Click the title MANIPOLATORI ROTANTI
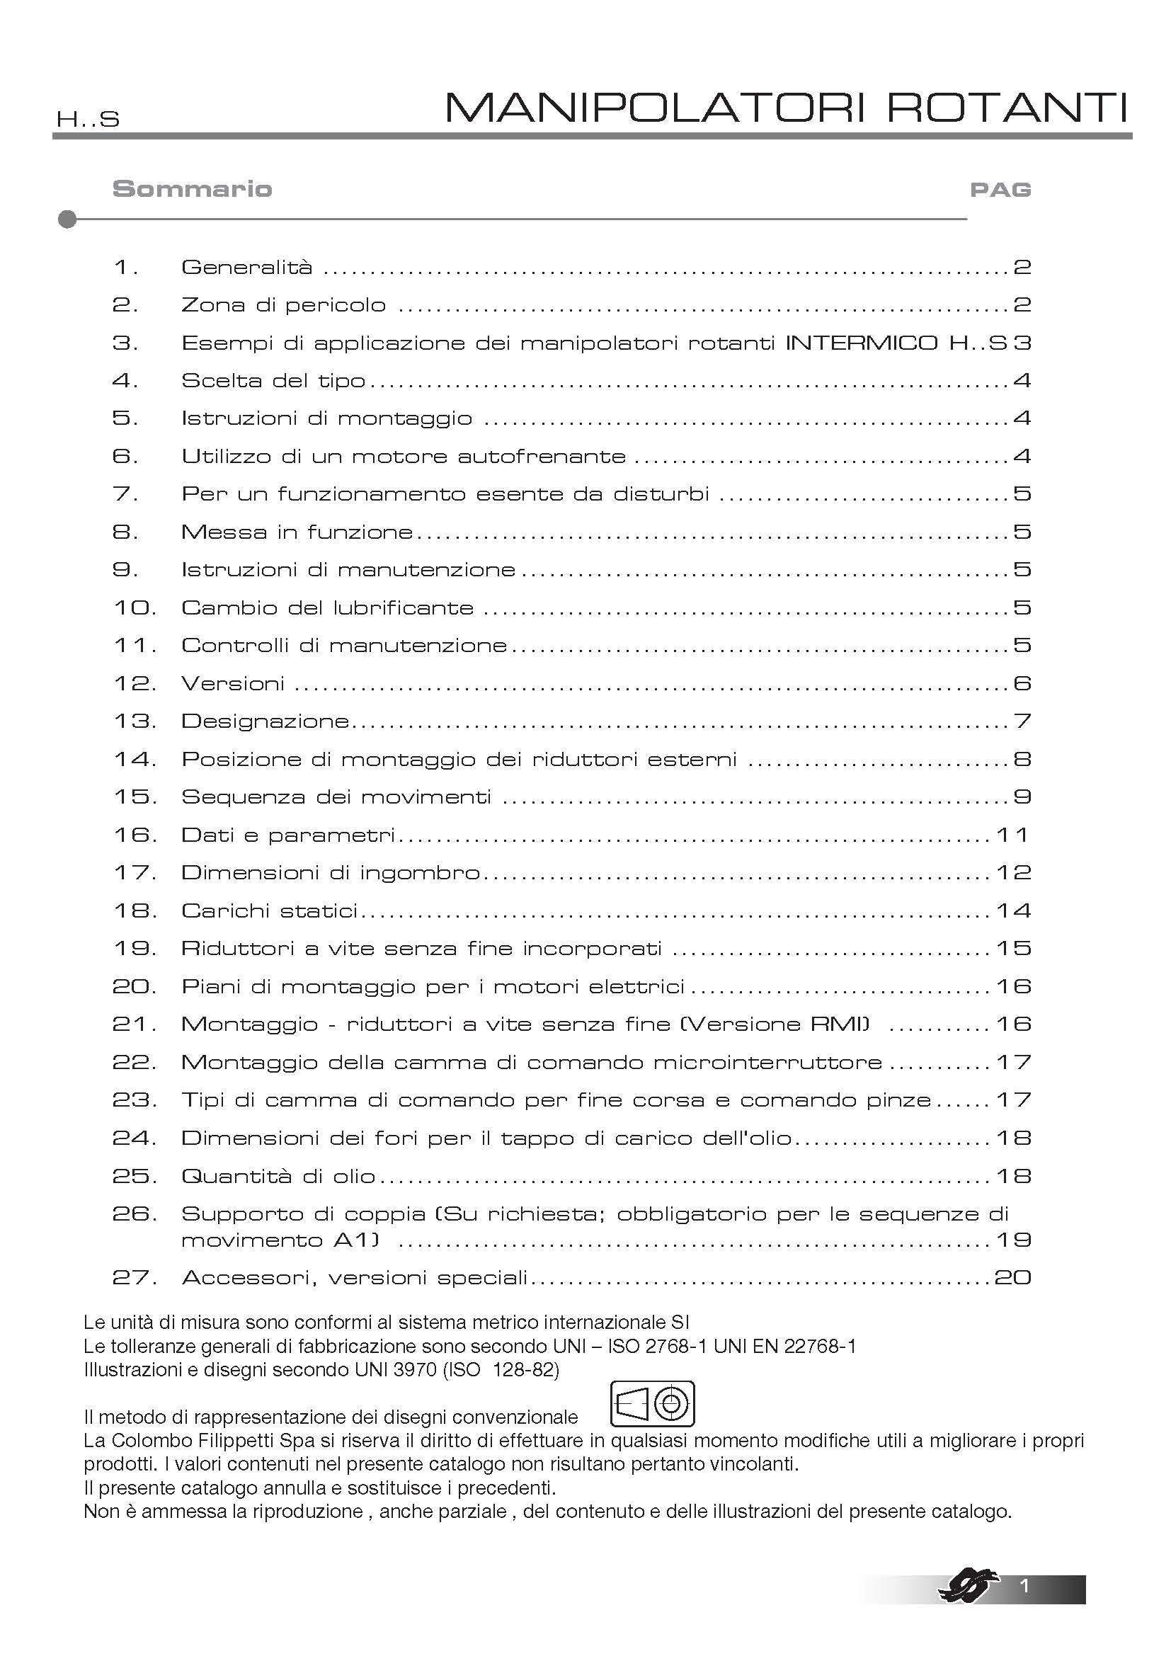click(x=786, y=108)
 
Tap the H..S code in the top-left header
click(x=88, y=120)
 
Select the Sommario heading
click(x=193, y=189)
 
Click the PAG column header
click(x=1000, y=190)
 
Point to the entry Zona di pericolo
click(x=283, y=305)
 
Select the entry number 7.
click(x=125, y=494)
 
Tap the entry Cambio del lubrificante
click(x=327, y=608)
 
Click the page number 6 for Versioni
click(x=1022, y=683)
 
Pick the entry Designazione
click(x=265, y=721)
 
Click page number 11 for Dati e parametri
click(x=1012, y=835)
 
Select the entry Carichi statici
click(x=270, y=911)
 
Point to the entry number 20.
click(x=134, y=987)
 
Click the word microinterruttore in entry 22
click(x=768, y=1063)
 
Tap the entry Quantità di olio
click(x=278, y=1177)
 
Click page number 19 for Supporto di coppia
click(x=1013, y=1240)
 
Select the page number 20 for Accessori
click(x=1012, y=1278)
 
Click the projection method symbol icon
click(x=653, y=1403)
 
